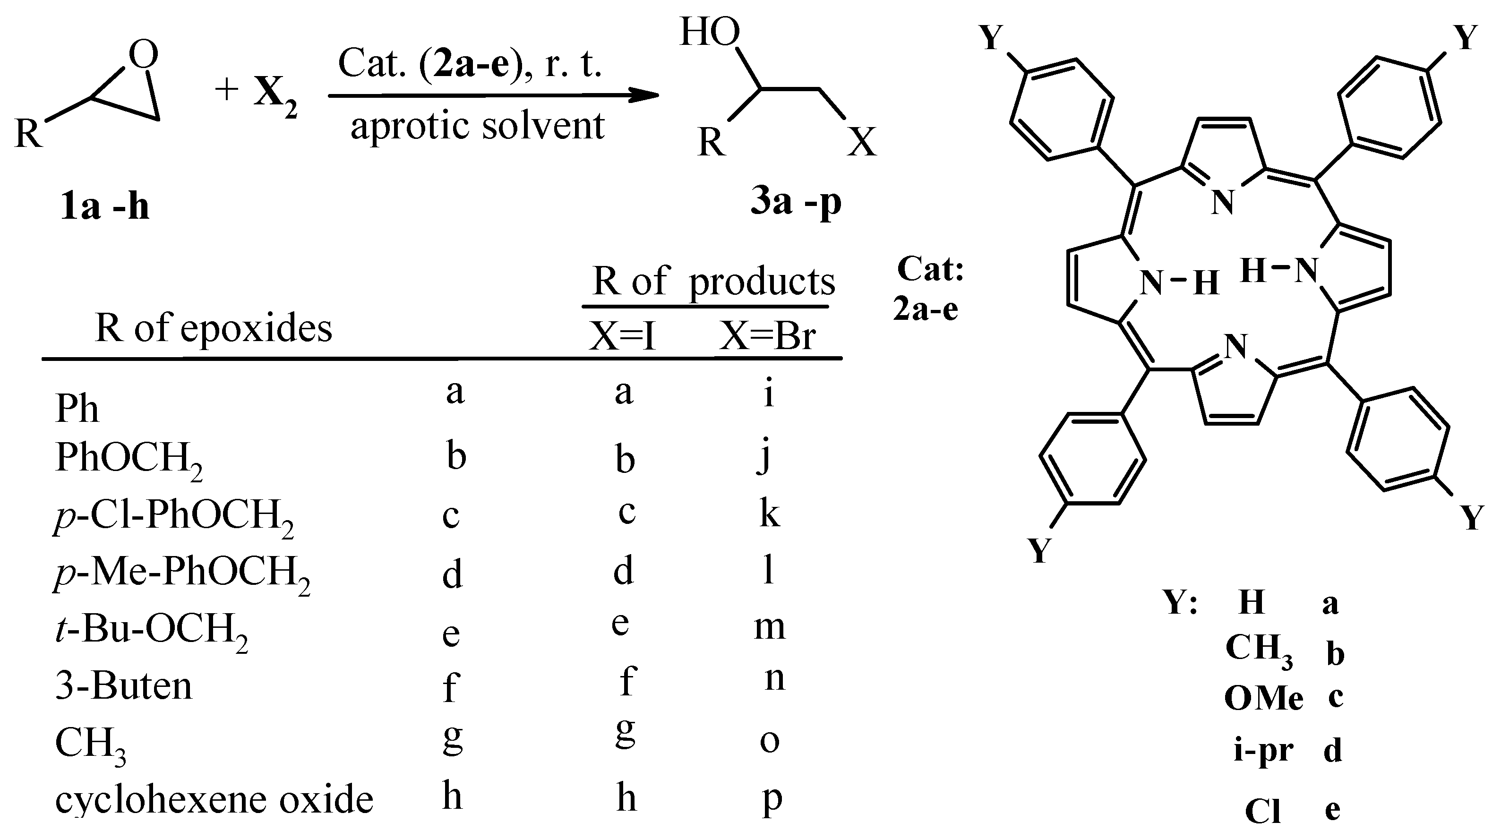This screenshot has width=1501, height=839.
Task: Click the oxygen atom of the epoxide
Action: (x=143, y=55)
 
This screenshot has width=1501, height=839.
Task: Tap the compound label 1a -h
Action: (x=104, y=206)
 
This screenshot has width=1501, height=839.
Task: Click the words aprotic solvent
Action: (x=477, y=126)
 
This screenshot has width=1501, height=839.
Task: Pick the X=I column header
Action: (x=622, y=336)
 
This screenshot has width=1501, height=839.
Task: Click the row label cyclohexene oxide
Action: (x=214, y=799)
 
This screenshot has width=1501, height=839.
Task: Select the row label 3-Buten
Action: (x=123, y=686)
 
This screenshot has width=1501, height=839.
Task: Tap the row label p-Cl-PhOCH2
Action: (x=174, y=516)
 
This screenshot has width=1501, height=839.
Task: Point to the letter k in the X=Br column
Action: (x=769, y=514)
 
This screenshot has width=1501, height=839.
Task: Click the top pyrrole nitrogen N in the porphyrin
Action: (x=1222, y=203)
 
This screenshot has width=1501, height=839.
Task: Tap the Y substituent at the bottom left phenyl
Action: (x=1040, y=549)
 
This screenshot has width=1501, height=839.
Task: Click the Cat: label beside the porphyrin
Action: (x=931, y=269)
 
